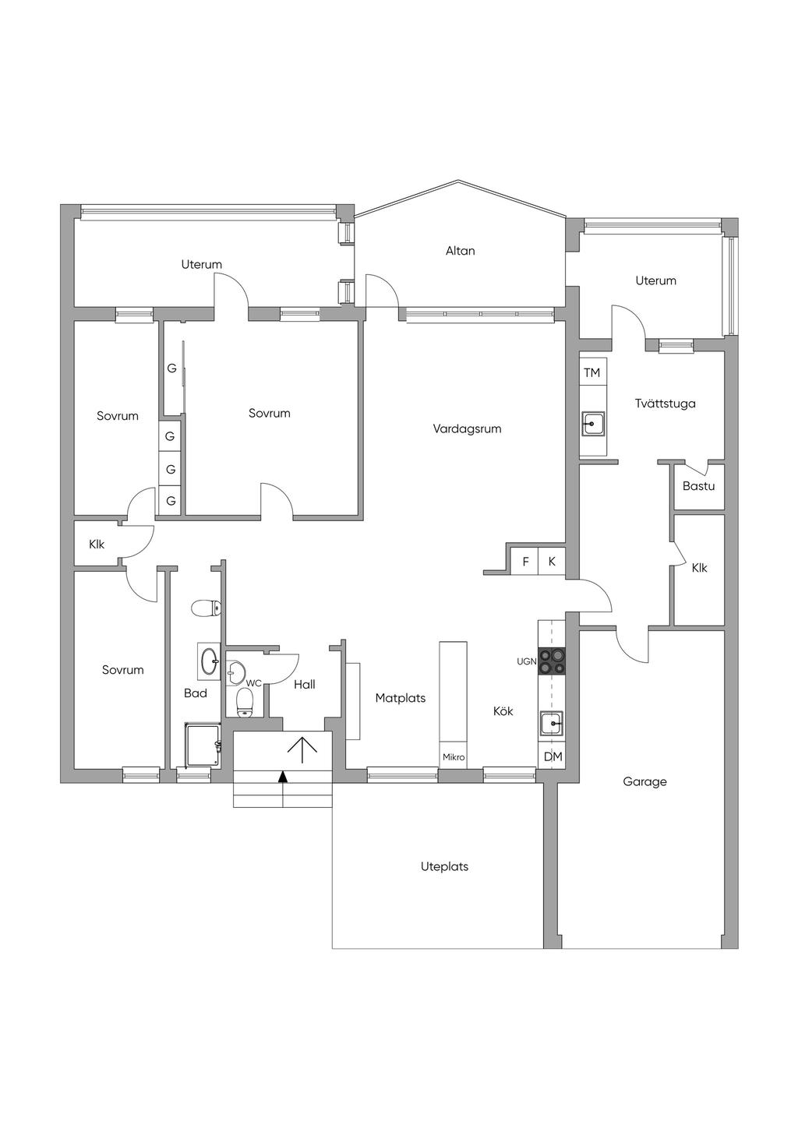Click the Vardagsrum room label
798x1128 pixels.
(467, 429)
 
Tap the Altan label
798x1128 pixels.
(460, 251)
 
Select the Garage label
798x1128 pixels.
(644, 781)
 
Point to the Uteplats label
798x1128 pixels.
(444, 867)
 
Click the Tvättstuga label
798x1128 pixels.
(665, 404)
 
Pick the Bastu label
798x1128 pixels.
(699, 486)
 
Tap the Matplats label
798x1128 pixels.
(401, 698)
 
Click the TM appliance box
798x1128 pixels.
(593, 372)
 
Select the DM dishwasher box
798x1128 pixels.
(552, 756)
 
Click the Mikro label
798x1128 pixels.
(454, 757)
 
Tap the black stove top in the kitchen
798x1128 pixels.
(553, 661)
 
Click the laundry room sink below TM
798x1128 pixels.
(594, 424)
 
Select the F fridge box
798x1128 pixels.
(525, 562)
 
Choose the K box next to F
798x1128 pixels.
(553, 562)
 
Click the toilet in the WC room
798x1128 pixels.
(245, 702)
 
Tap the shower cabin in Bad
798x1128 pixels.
(203, 746)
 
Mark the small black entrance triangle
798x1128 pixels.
(283, 777)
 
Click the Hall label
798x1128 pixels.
(305, 684)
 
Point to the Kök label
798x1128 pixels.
(503, 711)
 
